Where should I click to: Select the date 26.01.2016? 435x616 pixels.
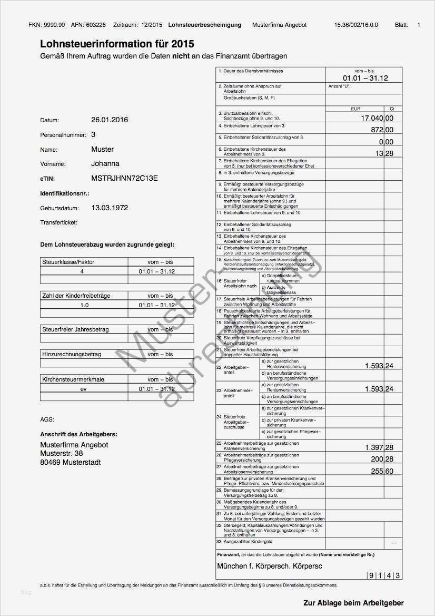(x=110, y=120)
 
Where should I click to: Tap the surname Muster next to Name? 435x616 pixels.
(x=102, y=150)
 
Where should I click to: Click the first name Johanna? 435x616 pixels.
(x=105, y=164)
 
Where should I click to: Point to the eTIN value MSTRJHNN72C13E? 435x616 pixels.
(x=124, y=179)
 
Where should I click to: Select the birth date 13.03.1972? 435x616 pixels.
(x=110, y=208)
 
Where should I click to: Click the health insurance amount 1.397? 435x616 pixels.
(x=374, y=447)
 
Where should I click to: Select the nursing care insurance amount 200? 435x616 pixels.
(x=377, y=459)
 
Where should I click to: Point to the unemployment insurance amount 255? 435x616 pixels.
(x=377, y=471)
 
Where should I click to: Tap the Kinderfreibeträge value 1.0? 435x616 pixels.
(x=84, y=305)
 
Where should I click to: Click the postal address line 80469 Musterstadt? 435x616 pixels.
(x=71, y=463)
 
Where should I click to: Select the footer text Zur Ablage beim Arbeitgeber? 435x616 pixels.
(x=353, y=603)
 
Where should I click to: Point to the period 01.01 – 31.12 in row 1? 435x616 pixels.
(x=365, y=78)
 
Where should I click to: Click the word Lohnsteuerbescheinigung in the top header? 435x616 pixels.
(x=205, y=25)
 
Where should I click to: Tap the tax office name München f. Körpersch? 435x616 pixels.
(x=251, y=566)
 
